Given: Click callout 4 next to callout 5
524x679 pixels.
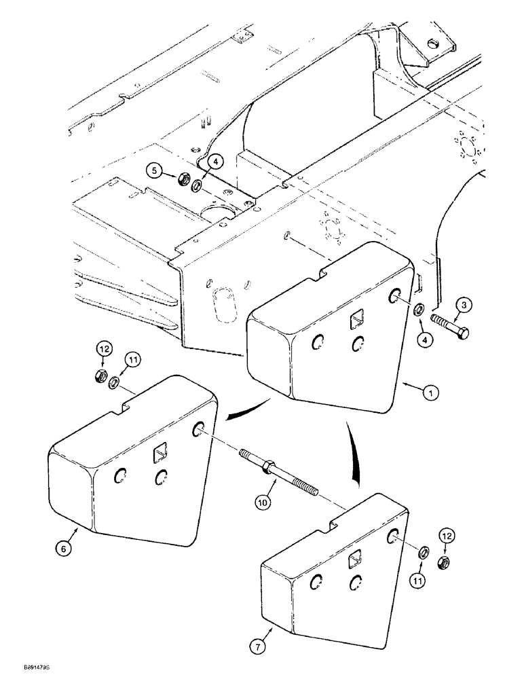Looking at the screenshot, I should (x=214, y=162).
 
